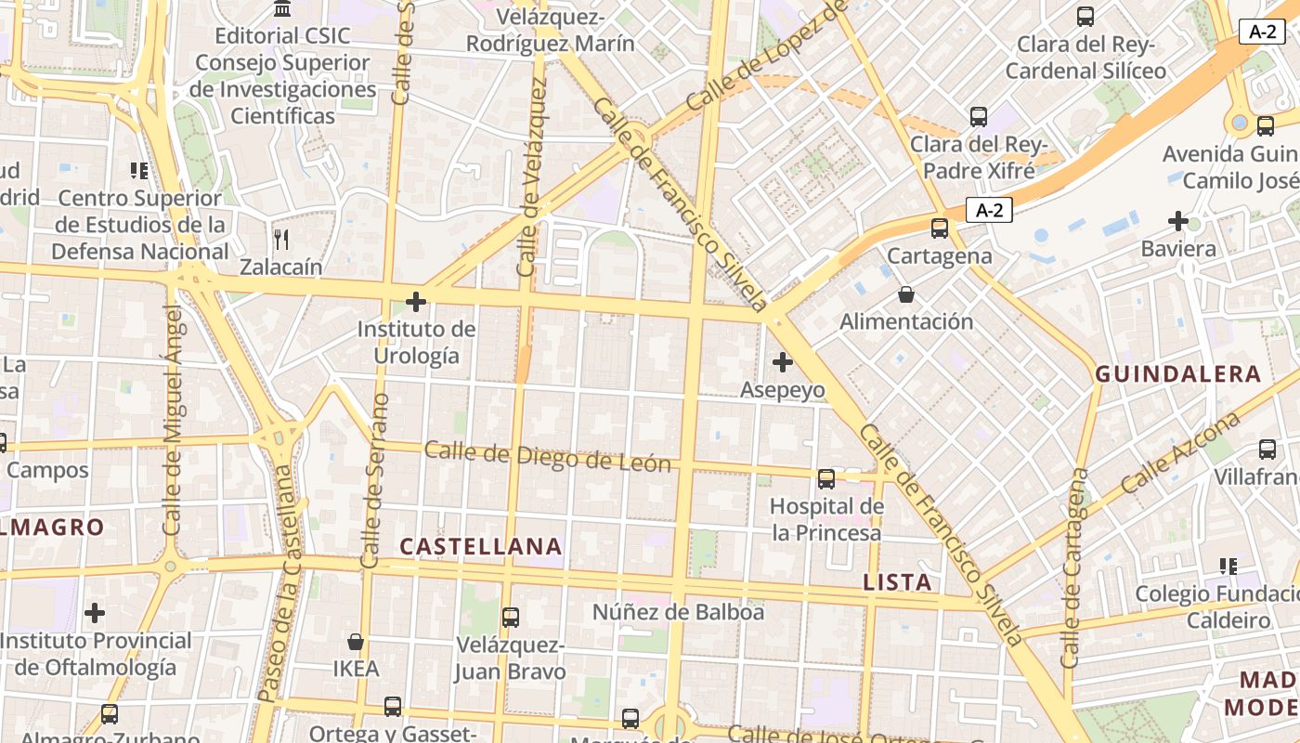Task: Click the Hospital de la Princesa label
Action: coord(826,519)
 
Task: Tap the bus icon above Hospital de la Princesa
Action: coord(825,479)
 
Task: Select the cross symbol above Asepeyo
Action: coord(783,361)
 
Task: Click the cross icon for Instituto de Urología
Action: coord(416,302)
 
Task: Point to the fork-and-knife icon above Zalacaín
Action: coord(281,240)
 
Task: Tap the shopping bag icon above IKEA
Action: coord(355,642)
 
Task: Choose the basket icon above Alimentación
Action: coord(905,295)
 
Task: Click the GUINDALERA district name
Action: coord(1178,374)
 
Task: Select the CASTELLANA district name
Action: coord(481,547)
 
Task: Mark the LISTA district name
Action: coord(897,582)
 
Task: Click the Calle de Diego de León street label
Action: coord(547,456)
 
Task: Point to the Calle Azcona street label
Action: coord(1180,453)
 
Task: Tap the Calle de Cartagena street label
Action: coord(1075,568)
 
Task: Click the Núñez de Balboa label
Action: coord(678,612)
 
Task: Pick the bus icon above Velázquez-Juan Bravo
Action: coord(510,617)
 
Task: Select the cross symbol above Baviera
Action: coord(1178,221)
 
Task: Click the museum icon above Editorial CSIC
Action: coord(282,9)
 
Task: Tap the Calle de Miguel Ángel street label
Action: coord(174,420)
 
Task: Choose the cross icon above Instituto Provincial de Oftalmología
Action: coord(95,613)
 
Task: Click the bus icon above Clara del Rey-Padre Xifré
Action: coord(978,117)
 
